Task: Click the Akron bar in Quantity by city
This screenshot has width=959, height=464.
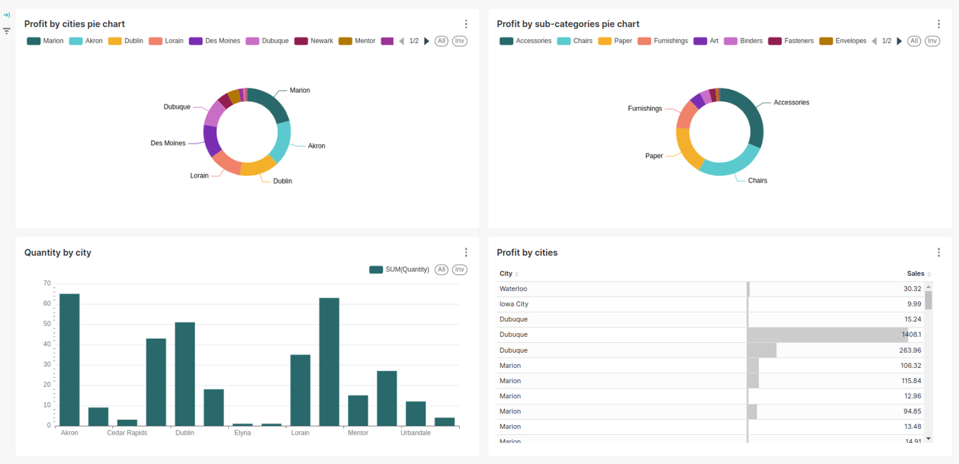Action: pos(69,360)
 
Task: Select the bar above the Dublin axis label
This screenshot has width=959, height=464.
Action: pos(185,374)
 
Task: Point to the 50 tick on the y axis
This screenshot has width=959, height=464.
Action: pos(47,323)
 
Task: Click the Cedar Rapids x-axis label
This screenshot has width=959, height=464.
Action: pos(127,433)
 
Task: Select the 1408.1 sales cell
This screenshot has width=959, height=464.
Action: pos(911,335)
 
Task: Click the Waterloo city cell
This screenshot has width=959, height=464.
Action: pos(513,289)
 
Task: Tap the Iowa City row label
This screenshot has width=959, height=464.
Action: pos(514,304)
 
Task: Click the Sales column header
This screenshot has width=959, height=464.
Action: pos(915,273)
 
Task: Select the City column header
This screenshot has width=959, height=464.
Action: pos(505,273)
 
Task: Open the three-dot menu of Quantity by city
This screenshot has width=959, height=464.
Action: pos(466,252)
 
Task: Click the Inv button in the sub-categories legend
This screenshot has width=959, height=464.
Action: pos(932,41)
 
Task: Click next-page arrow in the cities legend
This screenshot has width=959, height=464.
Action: pos(426,41)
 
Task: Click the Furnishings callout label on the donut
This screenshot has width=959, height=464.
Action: pos(644,108)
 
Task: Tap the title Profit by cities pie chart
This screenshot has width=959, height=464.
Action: pos(75,24)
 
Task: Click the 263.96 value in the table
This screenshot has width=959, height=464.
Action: pos(910,350)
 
